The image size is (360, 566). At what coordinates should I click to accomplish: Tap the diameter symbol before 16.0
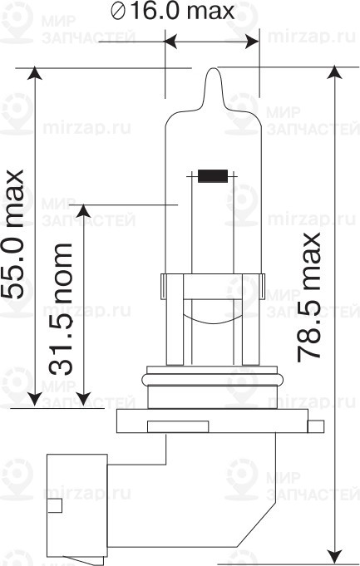117,12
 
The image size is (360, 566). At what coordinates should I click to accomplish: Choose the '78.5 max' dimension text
310,295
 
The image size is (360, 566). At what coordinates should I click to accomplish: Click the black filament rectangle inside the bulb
213,175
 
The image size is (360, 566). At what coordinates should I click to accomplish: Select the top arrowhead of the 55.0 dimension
35,76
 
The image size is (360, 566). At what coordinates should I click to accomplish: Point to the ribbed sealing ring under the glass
213,380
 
